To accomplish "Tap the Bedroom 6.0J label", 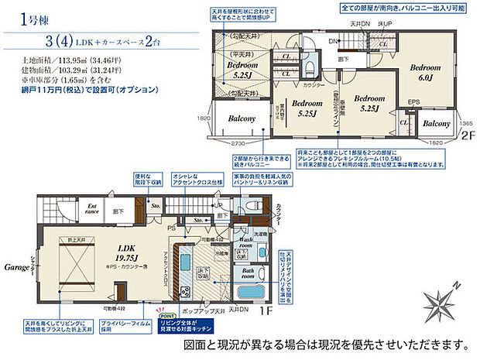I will [x=423, y=71].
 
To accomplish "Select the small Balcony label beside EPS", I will [x=437, y=124].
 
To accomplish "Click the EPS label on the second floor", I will [x=413, y=101].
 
